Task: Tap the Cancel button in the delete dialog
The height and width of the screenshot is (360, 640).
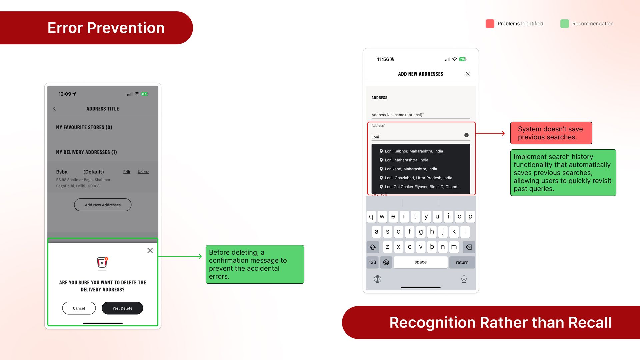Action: (x=79, y=308)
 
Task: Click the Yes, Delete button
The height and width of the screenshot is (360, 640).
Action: (x=122, y=308)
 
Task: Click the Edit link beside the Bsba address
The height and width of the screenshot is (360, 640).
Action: (x=127, y=172)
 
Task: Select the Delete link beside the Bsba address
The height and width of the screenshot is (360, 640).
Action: (x=143, y=172)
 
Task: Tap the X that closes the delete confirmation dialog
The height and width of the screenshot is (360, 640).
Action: (x=150, y=250)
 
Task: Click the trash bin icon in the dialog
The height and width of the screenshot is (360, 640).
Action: (x=102, y=262)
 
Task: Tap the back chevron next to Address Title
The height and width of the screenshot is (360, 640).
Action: (x=55, y=109)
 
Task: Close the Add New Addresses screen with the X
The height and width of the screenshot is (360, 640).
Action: (x=468, y=74)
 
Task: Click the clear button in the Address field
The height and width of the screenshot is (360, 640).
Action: (x=466, y=135)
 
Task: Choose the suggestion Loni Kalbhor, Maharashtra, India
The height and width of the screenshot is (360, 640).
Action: (x=414, y=151)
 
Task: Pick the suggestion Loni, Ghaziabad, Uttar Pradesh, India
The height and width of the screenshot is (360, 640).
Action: (x=418, y=178)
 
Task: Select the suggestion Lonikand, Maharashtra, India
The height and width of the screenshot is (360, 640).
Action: (x=411, y=169)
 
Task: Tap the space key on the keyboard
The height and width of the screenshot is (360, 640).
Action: (x=421, y=262)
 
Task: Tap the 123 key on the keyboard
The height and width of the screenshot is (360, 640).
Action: (x=372, y=262)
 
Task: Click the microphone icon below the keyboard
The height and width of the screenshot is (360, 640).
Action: (x=464, y=279)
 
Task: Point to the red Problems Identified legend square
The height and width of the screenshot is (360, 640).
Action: (x=490, y=24)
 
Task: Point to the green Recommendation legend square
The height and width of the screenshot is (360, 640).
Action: (x=565, y=24)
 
